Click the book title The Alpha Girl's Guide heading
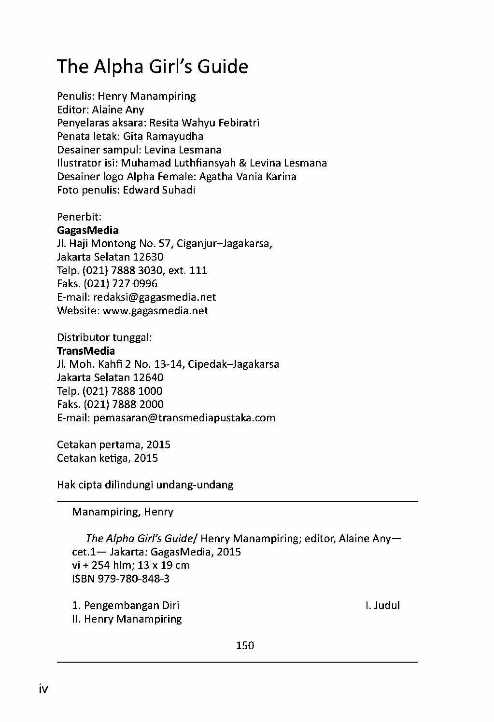153,67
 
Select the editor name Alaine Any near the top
118,110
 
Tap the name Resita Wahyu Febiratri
204,123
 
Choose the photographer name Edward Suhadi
159,190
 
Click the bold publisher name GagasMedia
87,230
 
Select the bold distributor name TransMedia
86,351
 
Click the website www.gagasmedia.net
155,310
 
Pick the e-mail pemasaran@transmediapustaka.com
184,417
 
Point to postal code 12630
148,257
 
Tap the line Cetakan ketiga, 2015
107,458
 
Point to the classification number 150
245,645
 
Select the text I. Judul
383,605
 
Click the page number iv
43,689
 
